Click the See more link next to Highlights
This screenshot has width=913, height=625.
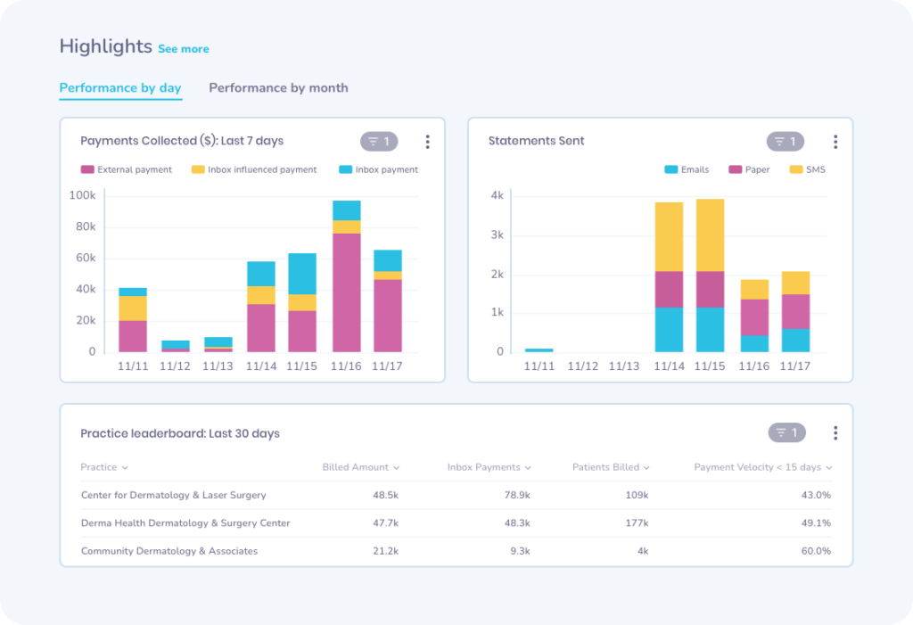coord(184,49)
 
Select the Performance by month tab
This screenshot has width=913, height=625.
coord(278,88)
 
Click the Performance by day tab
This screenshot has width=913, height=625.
coord(120,88)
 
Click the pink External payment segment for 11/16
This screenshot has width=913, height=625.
coord(346,292)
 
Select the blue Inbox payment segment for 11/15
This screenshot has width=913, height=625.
coord(302,274)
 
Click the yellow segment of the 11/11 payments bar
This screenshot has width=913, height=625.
coord(133,308)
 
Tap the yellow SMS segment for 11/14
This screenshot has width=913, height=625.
coord(669,237)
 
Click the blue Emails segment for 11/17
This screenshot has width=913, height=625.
coord(795,341)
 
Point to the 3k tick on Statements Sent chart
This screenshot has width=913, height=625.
coord(498,235)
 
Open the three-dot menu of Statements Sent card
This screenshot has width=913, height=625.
coord(835,142)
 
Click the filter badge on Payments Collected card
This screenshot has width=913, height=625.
coord(379,142)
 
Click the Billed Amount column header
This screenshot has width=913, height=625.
coord(360,467)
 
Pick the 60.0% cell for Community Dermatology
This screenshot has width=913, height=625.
coord(815,551)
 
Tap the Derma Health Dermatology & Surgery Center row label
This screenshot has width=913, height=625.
coord(185,523)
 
